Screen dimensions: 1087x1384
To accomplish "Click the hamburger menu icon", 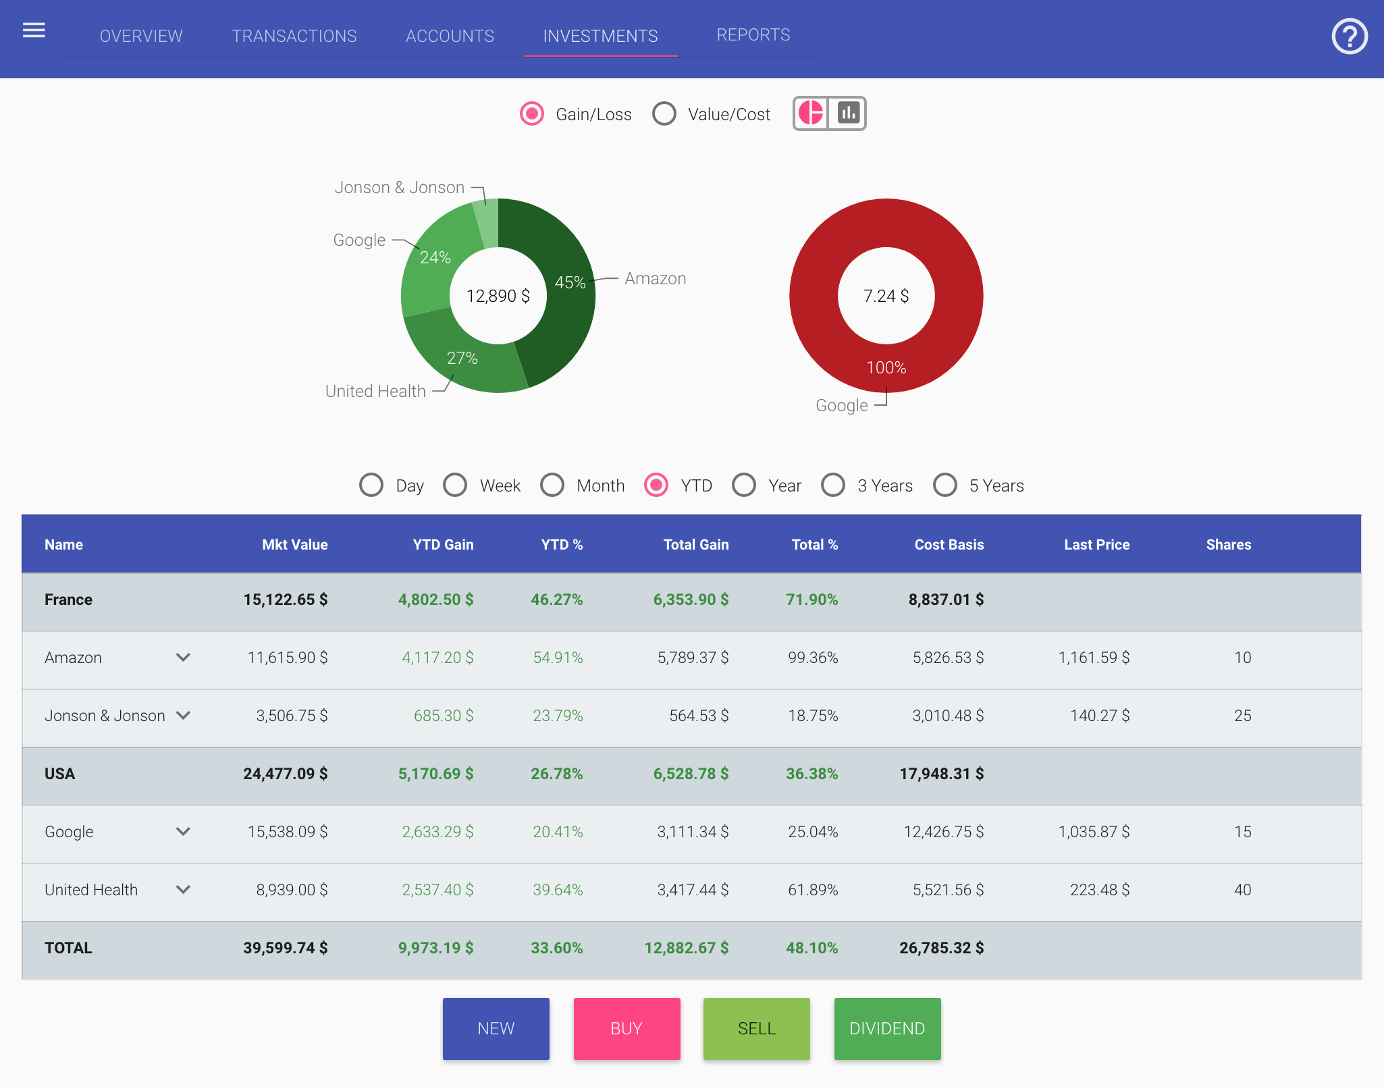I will pos(34,30).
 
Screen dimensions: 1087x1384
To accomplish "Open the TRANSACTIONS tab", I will pos(294,36).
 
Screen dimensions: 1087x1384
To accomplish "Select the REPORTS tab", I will pos(753,35).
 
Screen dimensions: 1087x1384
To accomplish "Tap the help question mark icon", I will pos(1349,36).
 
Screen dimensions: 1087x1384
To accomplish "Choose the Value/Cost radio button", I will pos(664,114).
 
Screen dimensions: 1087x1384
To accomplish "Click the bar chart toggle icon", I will pos(848,113).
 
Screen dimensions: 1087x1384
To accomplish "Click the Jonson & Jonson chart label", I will pos(400,188).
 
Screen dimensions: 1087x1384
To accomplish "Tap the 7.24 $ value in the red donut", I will pos(886,296).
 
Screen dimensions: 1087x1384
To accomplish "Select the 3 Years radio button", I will pos(833,485).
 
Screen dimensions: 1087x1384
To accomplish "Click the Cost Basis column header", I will pos(949,545).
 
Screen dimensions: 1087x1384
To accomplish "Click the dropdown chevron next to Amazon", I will pos(183,658).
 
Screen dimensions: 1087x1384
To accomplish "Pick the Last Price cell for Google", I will pos(1094,832).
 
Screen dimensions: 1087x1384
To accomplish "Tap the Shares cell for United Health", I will pos(1242,890).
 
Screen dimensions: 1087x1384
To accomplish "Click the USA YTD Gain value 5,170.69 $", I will pos(435,774).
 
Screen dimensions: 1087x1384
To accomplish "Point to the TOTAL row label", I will pos(68,948).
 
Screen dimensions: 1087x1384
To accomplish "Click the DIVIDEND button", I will pos(886,1028).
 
